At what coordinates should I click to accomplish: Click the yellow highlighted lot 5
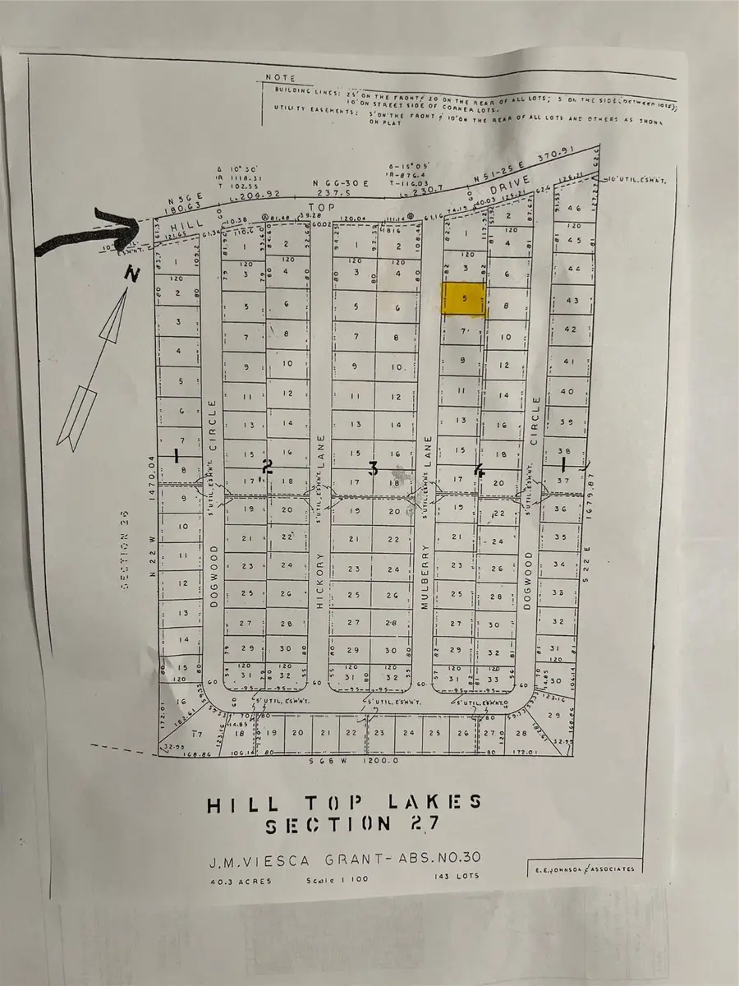tap(465, 300)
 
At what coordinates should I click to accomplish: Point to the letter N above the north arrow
tap(128, 277)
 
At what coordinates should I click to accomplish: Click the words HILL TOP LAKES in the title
tap(344, 803)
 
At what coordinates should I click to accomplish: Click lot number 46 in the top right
tap(574, 210)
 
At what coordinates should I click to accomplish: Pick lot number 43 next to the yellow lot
tap(572, 301)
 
